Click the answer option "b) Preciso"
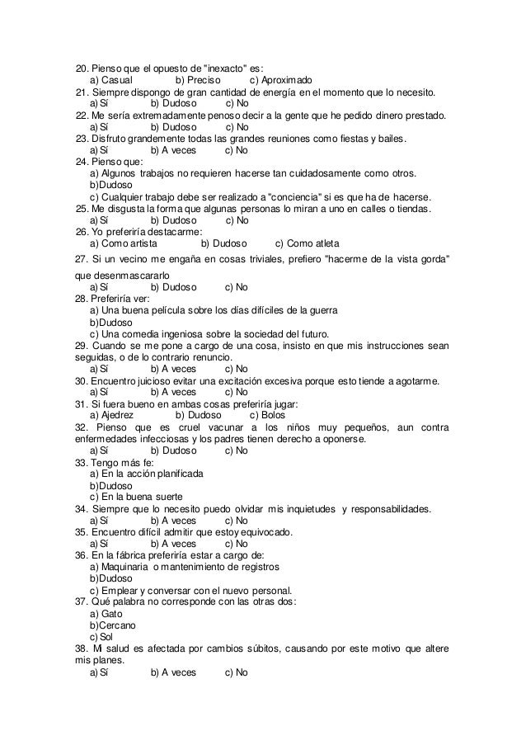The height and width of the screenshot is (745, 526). pos(199,80)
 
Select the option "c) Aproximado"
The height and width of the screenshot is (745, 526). pos(280,80)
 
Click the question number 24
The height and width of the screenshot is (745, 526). pos(81,163)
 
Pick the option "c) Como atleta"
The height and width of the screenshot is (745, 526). pos(307,243)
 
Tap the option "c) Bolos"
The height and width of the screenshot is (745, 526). pos(267,415)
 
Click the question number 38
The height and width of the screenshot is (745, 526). pos(81,649)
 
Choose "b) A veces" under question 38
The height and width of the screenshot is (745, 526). pos(173,672)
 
